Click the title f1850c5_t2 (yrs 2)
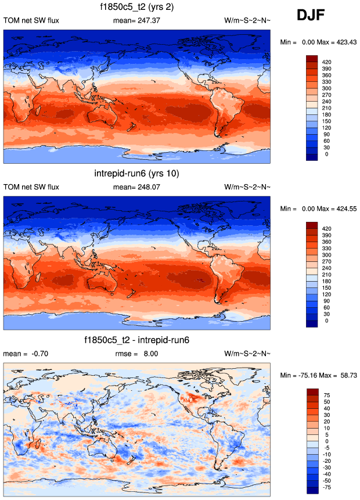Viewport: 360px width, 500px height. click(x=137, y=8)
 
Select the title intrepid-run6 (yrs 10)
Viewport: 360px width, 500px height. click(x=137, y=174)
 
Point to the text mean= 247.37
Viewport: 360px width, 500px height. click(x=137, y=21)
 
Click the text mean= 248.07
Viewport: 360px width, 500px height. click(x=137, y=187)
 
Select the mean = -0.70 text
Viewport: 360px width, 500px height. click(x=23, y=354)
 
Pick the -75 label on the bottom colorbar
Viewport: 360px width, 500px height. click(x=327, y=487)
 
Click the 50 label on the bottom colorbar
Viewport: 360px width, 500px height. click(x=327, y=401)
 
